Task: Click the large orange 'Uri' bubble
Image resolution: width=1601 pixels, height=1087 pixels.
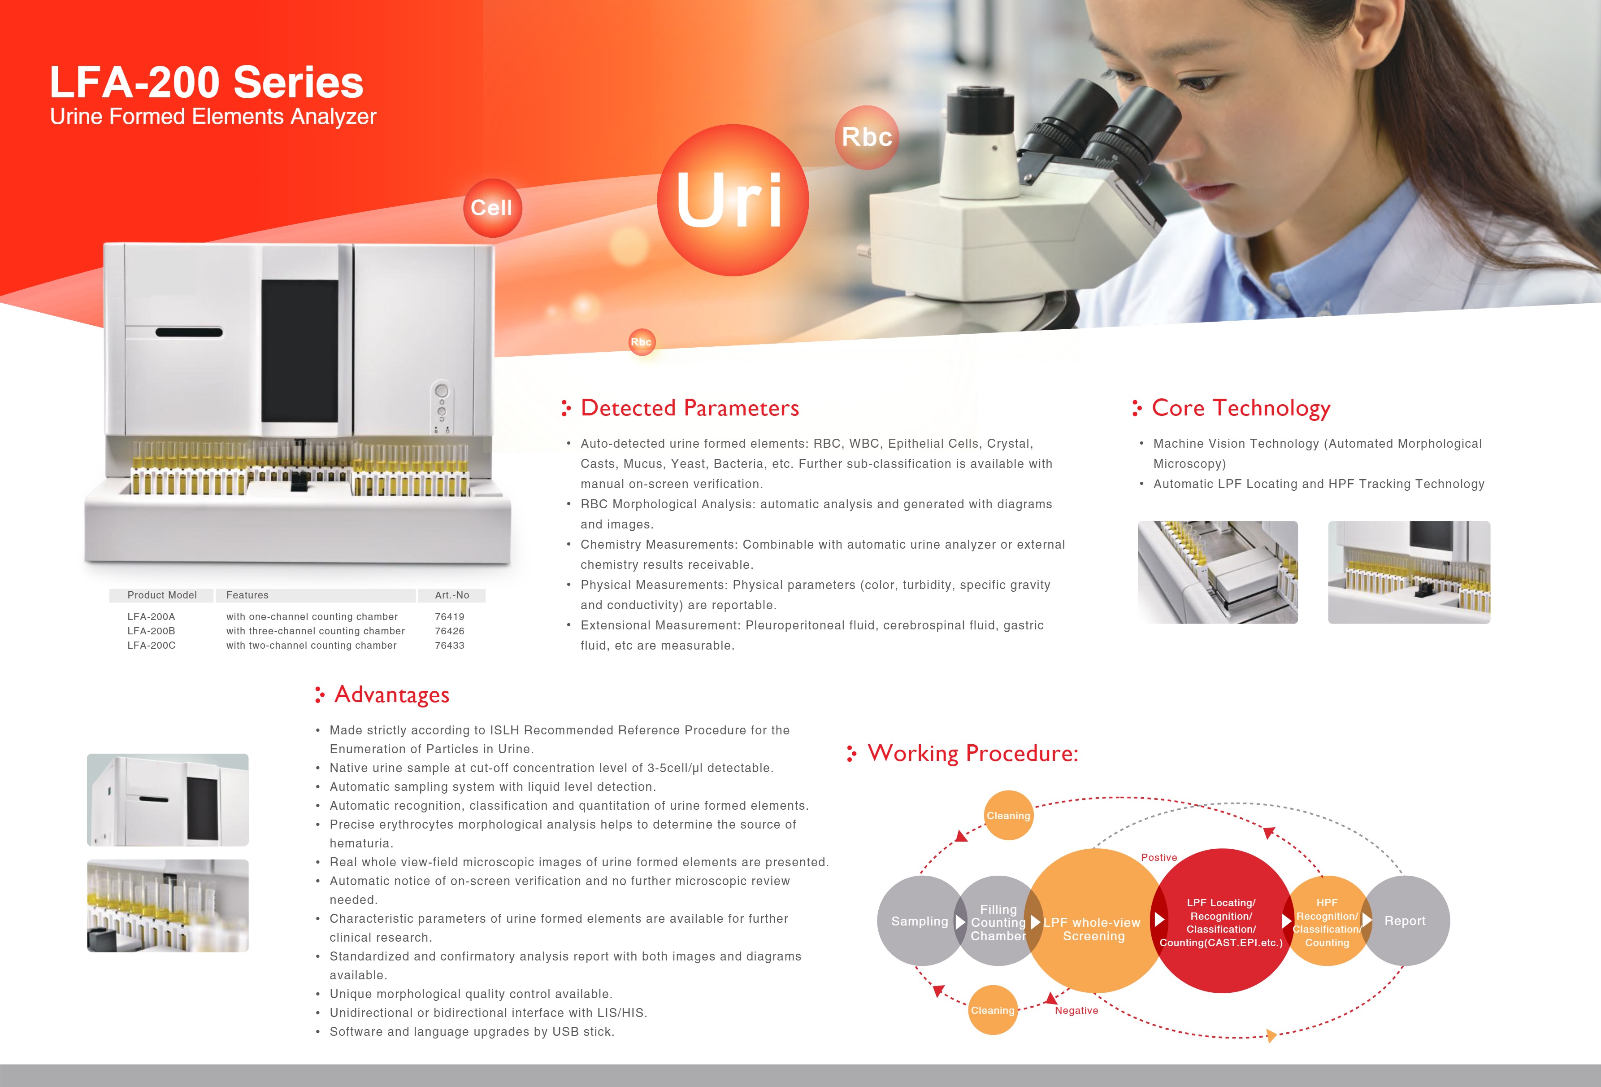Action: tap(732, 200)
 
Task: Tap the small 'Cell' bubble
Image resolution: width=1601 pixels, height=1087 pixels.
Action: tap(492, 207)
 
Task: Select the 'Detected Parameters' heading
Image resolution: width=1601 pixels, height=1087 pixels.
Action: tap(689, 408)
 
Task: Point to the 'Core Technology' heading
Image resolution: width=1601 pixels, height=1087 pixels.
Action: tap(1240, 408)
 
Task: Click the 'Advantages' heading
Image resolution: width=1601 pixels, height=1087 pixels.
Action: tap(391, 695)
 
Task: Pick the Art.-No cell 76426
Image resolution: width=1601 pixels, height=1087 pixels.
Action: tap(449, 631)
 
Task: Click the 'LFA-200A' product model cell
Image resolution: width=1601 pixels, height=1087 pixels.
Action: tap(151, 616)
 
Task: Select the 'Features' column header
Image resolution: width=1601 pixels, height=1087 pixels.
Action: tap(247, 595)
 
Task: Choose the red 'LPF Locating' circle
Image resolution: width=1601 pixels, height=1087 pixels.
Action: tap(1221, 921)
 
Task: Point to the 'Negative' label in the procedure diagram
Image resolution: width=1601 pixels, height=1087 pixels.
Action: tap(1076, 1010)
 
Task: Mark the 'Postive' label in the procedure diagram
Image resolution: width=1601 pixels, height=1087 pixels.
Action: tap(1159, 857)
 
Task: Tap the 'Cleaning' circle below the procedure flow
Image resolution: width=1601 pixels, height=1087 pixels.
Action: tap(993, 1010)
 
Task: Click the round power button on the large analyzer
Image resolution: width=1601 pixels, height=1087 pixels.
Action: tap(442, 391)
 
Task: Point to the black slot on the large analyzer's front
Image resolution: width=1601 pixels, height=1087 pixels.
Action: tap(189, 332)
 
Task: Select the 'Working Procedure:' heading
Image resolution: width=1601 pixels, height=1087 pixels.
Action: tap(972, 753)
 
